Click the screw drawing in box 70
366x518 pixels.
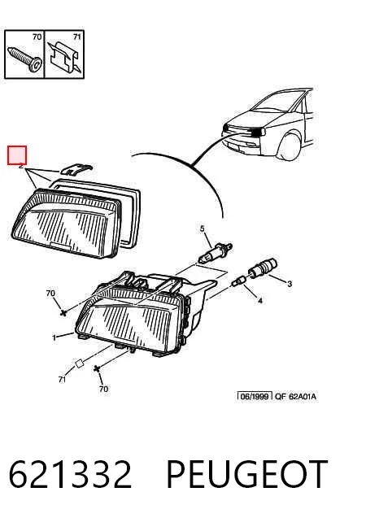pyautogui.click(x=25, y=59)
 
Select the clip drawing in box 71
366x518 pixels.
pyautogui.click(x=65, y=57)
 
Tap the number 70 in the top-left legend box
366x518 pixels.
pyautogui.click(x=37, y=37)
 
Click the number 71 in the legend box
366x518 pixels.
pyautogui.click(x=76, y=37)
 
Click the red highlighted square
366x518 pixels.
pyautogui.click(x=17, y=155)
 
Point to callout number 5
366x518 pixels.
pyautogui.click(x=203, y=229)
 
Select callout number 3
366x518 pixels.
pyautogui.click(x=290, y=284)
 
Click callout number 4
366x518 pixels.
pyautogui.click(x=260, y=301)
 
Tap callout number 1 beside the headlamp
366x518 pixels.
pyautogui.click(x=54, y=337)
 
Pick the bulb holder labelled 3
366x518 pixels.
pyautogui.click(x=264, y=268)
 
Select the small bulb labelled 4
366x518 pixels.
pyautogui.click(x=238, y=281)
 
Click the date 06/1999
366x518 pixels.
pyautogui.click(x=255, y=396)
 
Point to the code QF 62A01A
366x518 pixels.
pyautogui.click(x=295, y=396)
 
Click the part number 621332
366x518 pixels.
pyautogui.click(x=71, y=474)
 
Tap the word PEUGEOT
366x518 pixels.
pyautogui.click(x=247, y=474)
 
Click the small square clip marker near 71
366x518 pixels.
pyautogui.click(x=79, y=363)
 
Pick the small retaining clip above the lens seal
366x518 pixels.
pyautogui.click(x=76, y=169)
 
